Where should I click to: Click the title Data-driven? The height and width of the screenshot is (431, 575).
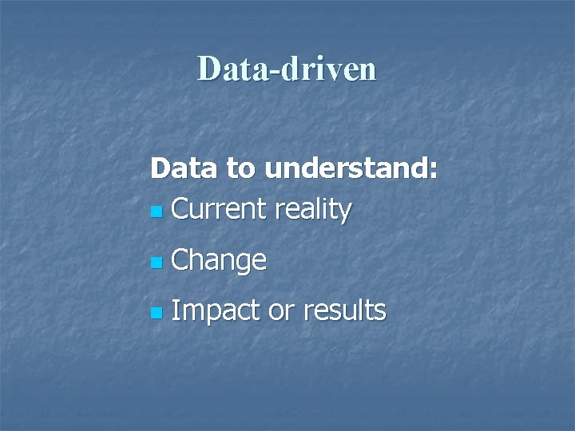(287, 69)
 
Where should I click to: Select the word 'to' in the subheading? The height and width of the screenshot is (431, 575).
(237, 169)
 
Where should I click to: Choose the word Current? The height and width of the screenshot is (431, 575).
(219, 209)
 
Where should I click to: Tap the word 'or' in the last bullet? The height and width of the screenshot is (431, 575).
(281, 311)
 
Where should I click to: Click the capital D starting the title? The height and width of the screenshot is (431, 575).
(209, 69)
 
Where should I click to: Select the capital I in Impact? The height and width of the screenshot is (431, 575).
(175, 310)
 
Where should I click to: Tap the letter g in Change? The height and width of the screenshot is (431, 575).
(241, 263)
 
